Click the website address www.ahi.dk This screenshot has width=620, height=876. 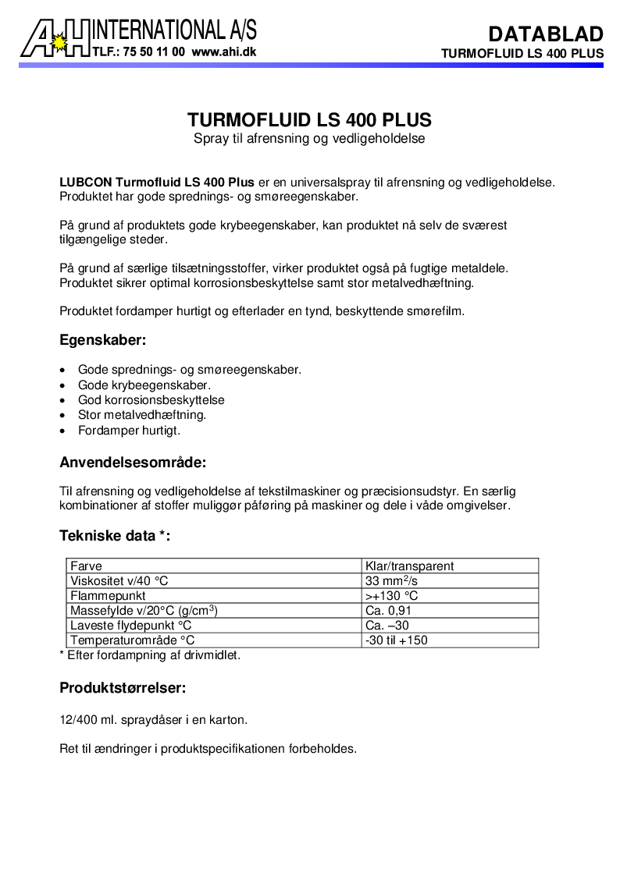click(x=223, y=52)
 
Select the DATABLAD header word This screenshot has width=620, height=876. click(x=546, y=34)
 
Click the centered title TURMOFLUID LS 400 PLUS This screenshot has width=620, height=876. click(x=309, y=121)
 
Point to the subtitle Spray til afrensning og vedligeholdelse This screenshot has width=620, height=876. click(x=309, y=139)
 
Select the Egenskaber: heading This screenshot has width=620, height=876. click(x=103, y=340)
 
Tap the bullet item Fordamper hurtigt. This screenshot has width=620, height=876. click(x=130, y=430)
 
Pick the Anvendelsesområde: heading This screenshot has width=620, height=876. click(x=133, y=462)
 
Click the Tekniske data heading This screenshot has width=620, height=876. click(x=115, y=536)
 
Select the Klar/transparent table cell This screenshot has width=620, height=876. click(x=409, y=566)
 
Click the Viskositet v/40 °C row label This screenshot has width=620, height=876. click(x=119, y=581)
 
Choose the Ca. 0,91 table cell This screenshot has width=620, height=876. click(x=388, y=611)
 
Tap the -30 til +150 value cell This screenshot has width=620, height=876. click(x=397, y=640)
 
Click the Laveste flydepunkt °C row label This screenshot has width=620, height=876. click(x=131, y=626)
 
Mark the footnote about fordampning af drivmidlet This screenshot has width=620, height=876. click(x=150, y=655)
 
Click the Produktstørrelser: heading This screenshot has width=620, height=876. click(x=123, y=688)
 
